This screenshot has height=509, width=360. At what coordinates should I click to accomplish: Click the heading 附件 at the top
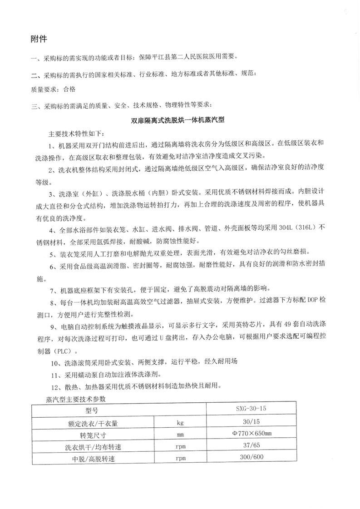(x=39, y=38)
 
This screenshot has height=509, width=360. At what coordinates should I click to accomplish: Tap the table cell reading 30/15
(x=251, y=422)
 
